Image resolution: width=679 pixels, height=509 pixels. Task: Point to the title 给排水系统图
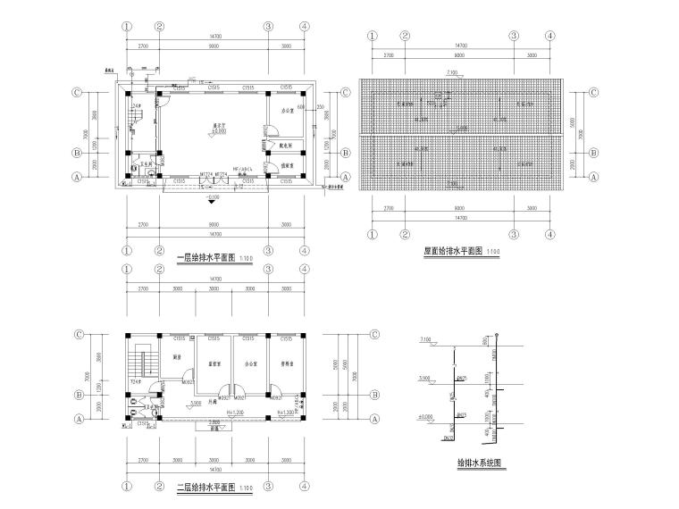tap(479, 463)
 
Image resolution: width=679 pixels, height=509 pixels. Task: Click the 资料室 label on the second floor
tap(286, 364)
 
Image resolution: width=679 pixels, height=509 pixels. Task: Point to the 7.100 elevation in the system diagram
tap(425, 340)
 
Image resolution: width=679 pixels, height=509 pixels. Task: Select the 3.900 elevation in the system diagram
tap(425, 379)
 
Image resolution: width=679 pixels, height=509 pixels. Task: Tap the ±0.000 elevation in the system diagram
tap(425, 416)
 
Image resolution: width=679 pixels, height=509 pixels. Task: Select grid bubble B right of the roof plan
tap(593, 153)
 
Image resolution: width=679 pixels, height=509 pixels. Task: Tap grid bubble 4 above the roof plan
tap(550, 36)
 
